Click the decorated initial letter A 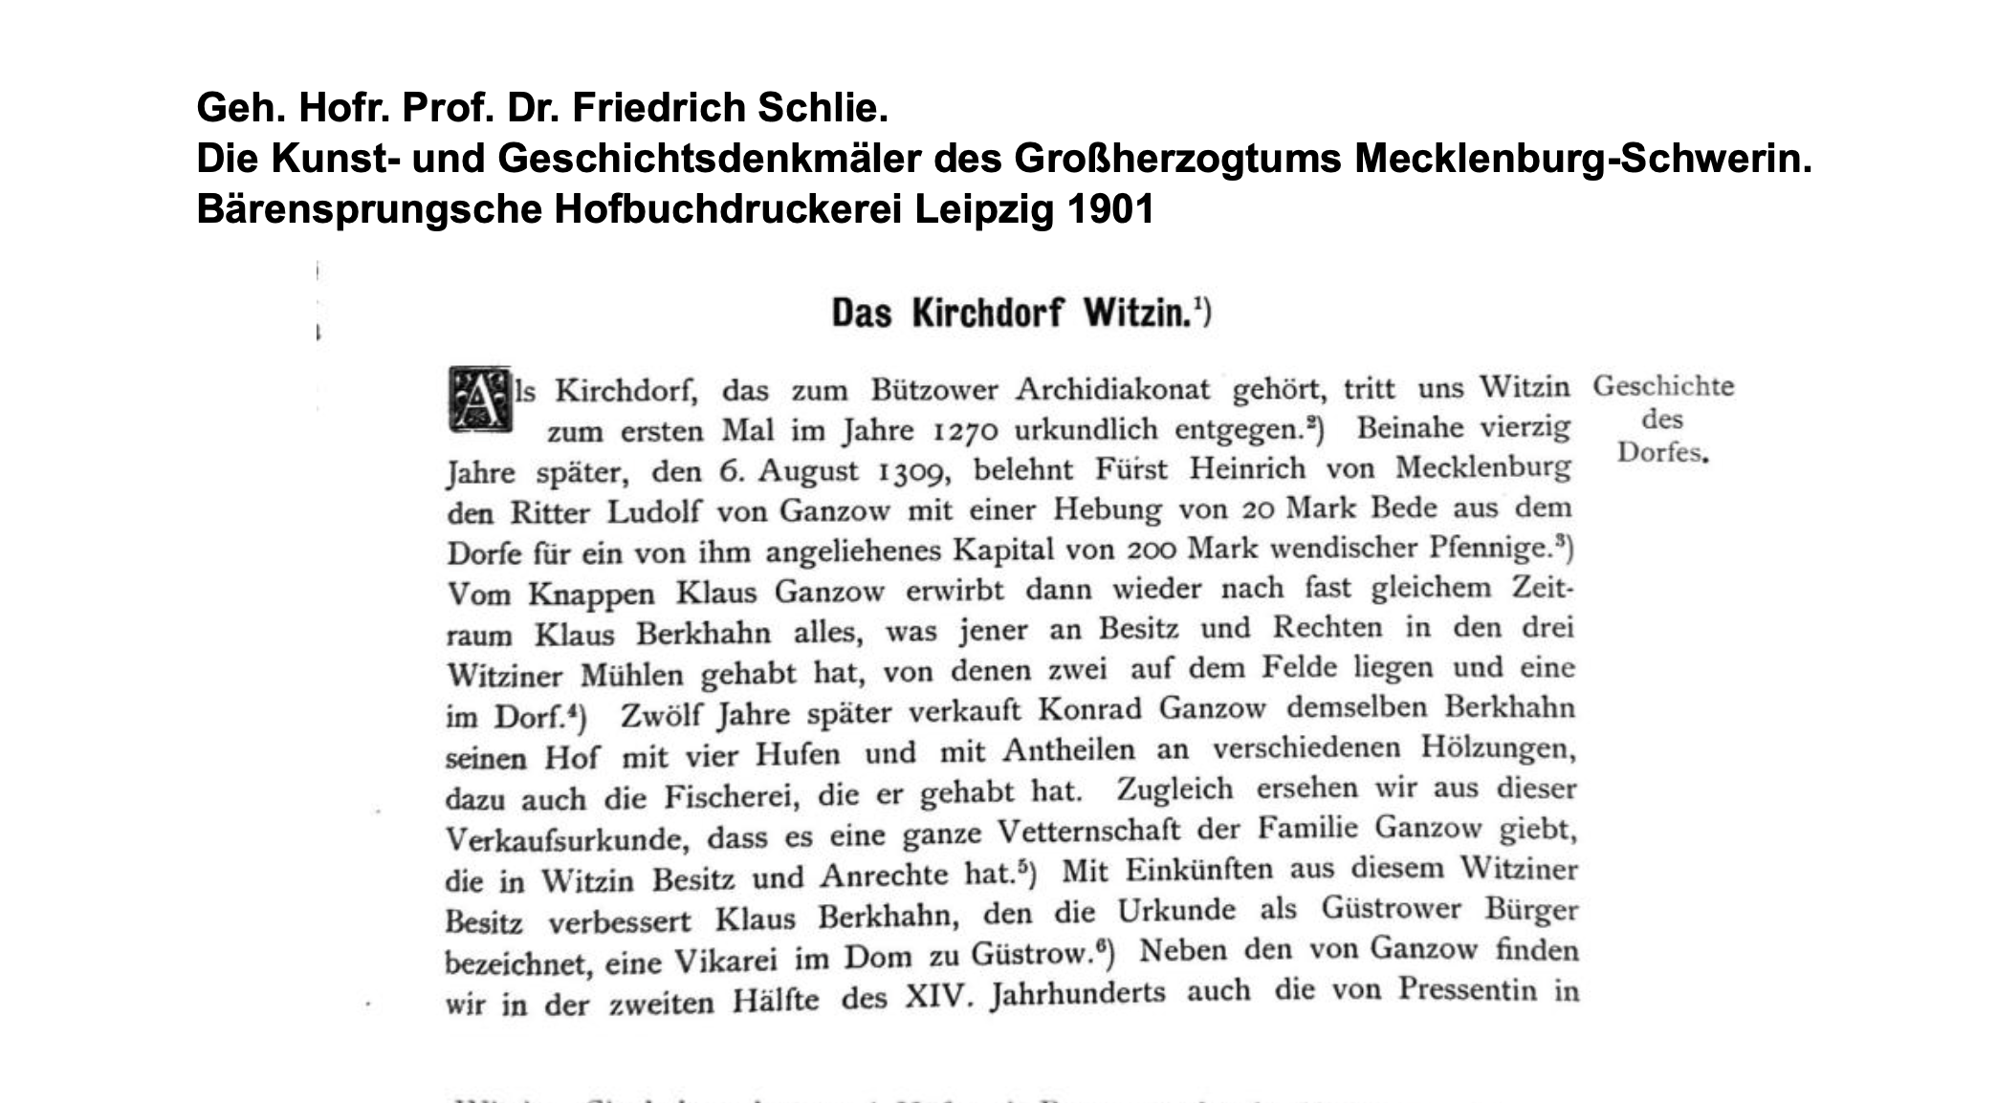(479, 399)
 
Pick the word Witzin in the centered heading (1138, 313)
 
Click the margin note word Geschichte (1662, 386)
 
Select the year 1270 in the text (965, 431)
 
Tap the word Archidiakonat (1112, 390)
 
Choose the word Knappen (591, 594)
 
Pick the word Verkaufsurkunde (566, 839)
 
